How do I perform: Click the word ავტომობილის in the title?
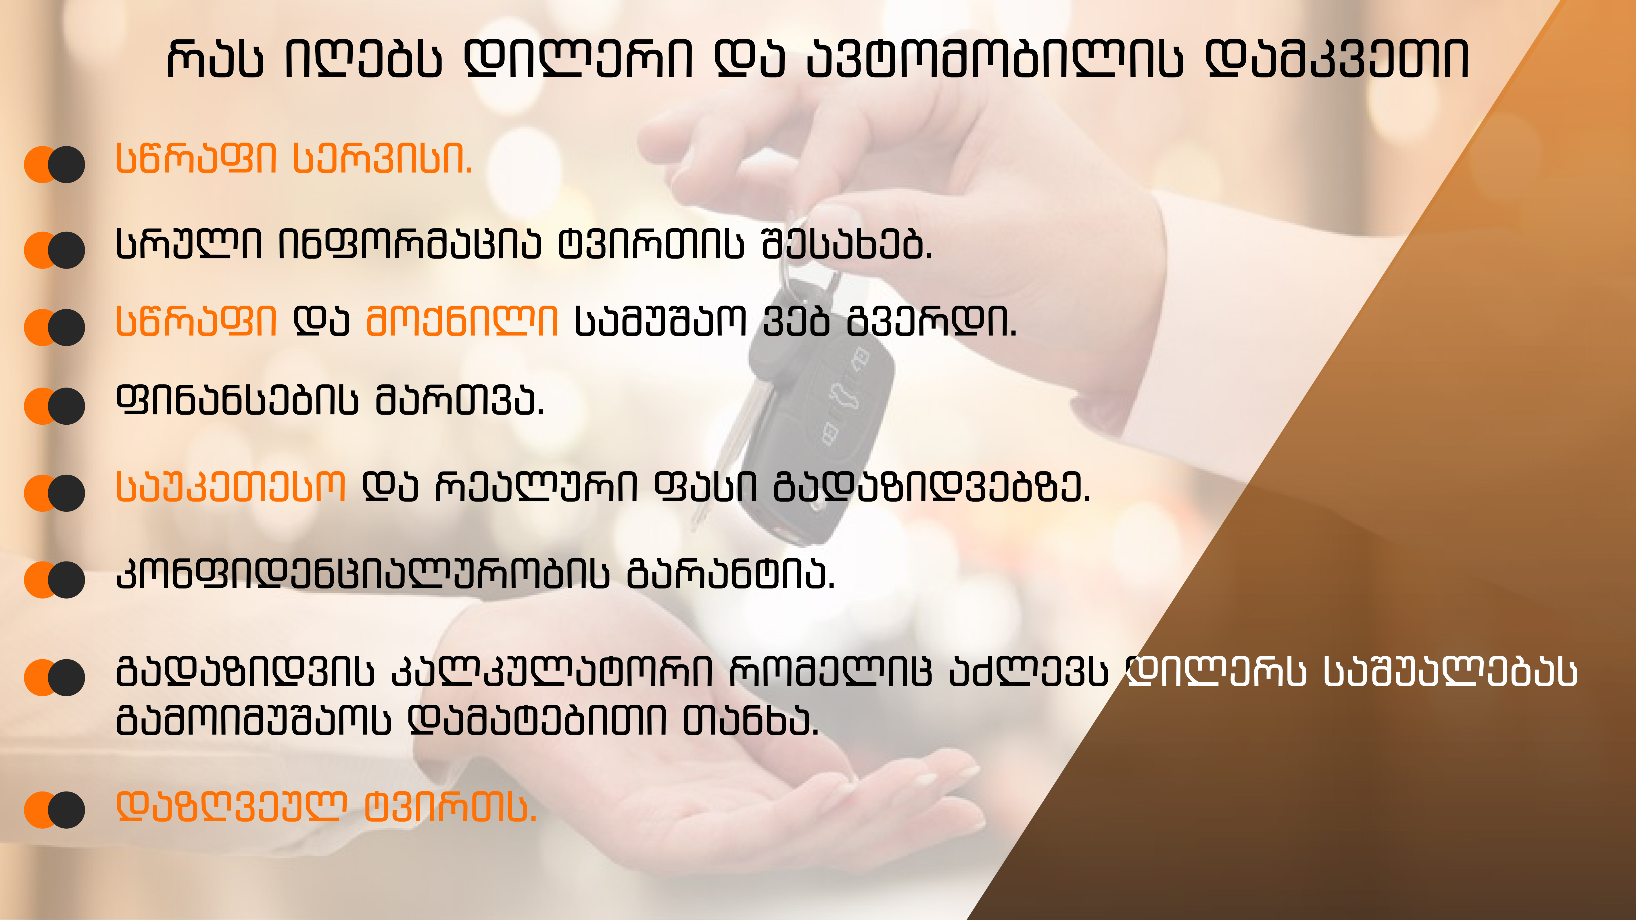coord(995,59)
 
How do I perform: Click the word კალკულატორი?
coord(552,672)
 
